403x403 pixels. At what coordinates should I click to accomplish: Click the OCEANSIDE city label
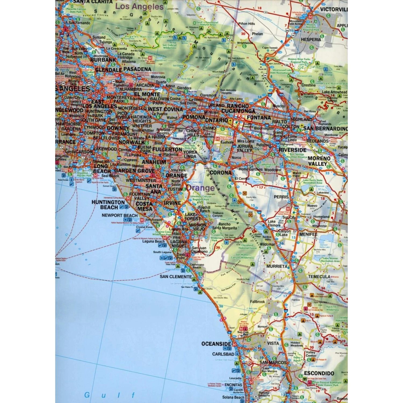coord(216,344)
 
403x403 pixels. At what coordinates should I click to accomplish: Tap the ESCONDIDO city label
coord(319,373)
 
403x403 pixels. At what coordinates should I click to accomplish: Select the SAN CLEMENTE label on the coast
coord(176,276)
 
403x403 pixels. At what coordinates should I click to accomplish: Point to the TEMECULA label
coord(319,276)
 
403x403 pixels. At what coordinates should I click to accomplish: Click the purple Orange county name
coord(200,188)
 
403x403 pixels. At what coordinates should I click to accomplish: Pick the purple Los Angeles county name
coord(139,7)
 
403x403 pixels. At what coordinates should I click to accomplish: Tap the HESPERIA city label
coord(311,39)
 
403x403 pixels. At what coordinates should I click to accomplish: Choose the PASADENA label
coord(137,69)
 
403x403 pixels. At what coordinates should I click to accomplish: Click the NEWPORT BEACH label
coord(120,215)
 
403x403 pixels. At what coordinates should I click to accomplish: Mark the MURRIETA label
coord(277,266)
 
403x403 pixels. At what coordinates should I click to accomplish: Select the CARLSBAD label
coord(223,354)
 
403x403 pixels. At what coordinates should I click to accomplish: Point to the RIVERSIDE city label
coord(292,150)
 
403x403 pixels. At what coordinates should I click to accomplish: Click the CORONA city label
coord(220,172)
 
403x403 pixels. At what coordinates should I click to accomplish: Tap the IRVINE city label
coord(172,203)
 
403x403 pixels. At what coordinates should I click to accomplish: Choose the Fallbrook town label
coord(257,302)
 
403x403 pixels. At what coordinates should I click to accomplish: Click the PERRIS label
coord(281,197)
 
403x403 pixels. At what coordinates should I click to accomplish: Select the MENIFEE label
coord(308,234)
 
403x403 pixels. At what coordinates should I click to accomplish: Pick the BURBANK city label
coord(103,60)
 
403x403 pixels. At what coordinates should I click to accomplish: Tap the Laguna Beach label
coord(153,241)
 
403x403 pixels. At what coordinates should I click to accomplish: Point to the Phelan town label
coord(257,34)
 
